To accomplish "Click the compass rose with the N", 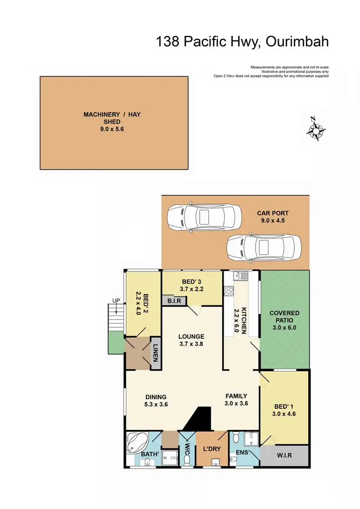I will click(316, 129).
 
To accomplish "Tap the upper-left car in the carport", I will click(204, 218).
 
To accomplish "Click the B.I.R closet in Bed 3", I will click(173, 301).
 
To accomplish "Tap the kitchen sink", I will click(240, 276).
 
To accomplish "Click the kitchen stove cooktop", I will click(228, 290).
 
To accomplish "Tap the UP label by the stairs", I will click(116, 300).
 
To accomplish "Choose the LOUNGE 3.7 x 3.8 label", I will click(192, 340).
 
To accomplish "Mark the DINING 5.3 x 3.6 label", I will click(156, 401).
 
